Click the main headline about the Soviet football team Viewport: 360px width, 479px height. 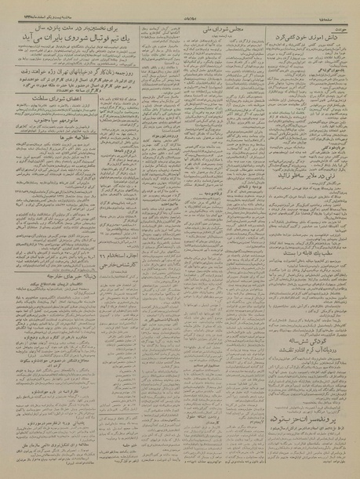[x=94, y=48]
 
